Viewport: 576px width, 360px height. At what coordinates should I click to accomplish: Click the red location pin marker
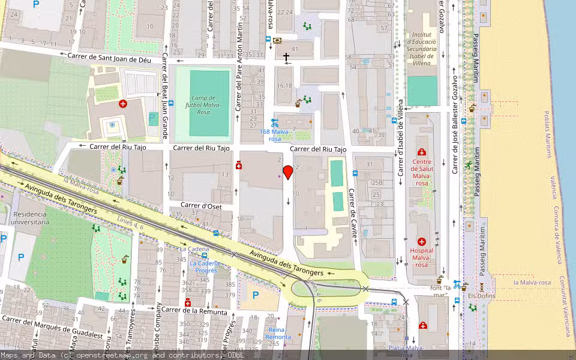coord(288,172)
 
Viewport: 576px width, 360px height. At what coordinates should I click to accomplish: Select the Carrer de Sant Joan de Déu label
coord(113,56)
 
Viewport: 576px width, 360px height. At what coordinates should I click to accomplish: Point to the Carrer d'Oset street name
coord(201,206)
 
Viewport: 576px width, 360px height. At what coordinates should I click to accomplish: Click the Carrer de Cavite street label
coord(353,214)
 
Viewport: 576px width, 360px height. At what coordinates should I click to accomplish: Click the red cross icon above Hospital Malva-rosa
coord(421,241)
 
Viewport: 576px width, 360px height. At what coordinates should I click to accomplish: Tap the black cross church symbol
coord(286,58)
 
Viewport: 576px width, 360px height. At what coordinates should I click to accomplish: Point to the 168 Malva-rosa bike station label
coord(275,135)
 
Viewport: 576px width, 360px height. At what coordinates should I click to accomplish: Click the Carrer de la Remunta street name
coord(194,311)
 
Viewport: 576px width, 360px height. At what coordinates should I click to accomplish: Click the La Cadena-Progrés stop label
coord(203,266)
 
